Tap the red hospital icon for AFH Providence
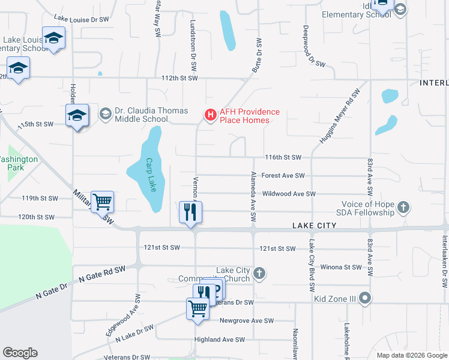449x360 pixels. [210, 114]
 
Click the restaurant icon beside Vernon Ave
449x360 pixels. [191, 212]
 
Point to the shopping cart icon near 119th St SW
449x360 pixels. [103, 202]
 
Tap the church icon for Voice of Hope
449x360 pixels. [403, 208]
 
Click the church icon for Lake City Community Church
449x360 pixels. [259, 274]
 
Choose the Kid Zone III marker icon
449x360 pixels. [366, 298]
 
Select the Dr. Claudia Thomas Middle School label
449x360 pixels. [151, 115]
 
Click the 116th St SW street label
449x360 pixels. [283, 157]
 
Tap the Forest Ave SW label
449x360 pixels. [283, 176]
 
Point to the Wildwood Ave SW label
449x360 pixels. [289, 194]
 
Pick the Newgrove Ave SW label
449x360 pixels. [246, 320]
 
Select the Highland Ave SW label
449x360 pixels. [220, 340]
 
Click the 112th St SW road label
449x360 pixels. [179, 78]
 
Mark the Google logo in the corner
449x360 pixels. [20, 353]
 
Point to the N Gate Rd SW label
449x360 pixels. [103, 274]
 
